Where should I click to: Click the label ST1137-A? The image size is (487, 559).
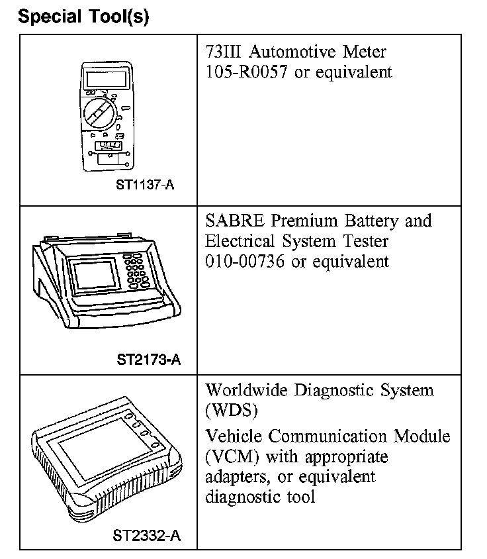[x=145, y=185]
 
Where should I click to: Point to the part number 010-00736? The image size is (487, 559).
[x=245, y=261]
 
